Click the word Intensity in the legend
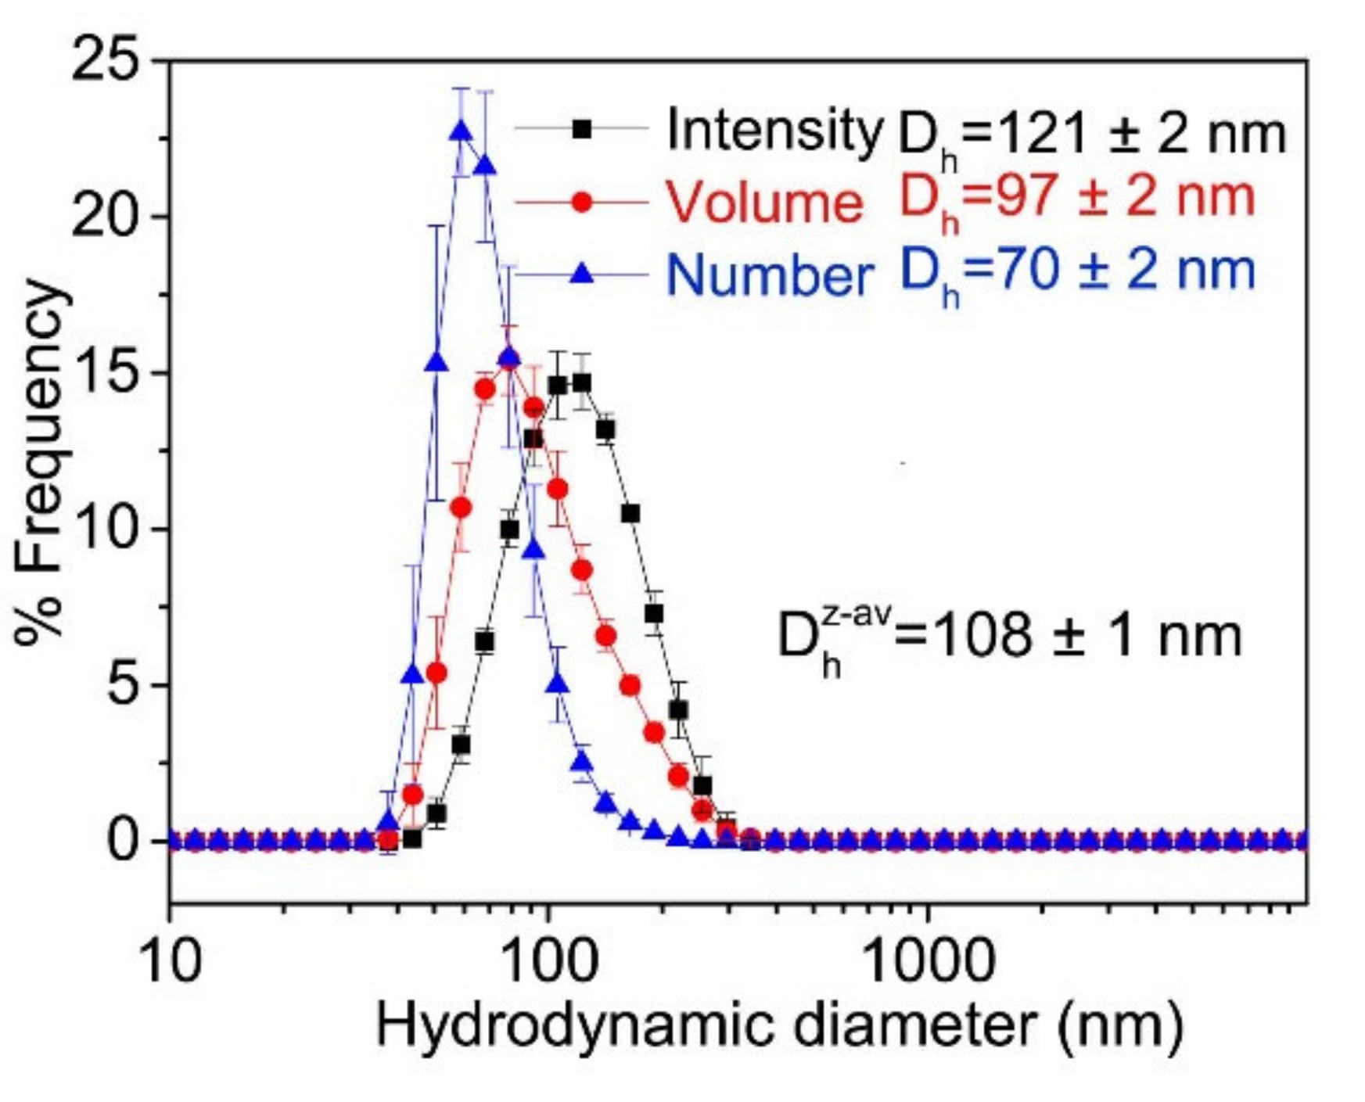[773, 130]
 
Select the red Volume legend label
[764, 202]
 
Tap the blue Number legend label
[770, 275]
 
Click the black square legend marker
[581, 129]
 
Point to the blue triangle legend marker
[581, 274]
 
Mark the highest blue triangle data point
[462, 131]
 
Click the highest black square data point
[581, 383]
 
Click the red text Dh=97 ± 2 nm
[1076, 202]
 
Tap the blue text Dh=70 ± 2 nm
[1077, 274]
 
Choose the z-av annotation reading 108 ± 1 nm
[1009, 637]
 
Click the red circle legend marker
[581, 202]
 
